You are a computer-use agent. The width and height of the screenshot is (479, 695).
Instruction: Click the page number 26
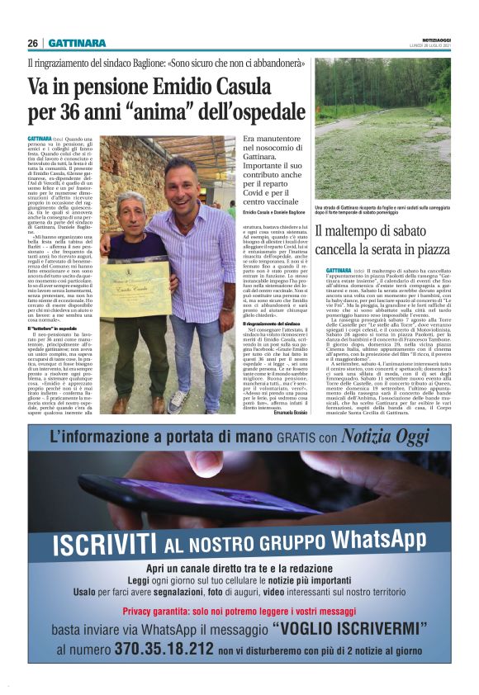point(32,43)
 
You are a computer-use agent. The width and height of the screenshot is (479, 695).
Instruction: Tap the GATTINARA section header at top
point(78,43)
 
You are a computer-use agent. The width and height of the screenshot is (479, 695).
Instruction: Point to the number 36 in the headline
point(75,110)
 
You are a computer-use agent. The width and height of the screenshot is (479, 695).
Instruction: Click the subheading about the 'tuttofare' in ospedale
point(59,305)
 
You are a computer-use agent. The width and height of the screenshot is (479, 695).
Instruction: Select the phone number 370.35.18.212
point(161,649)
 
